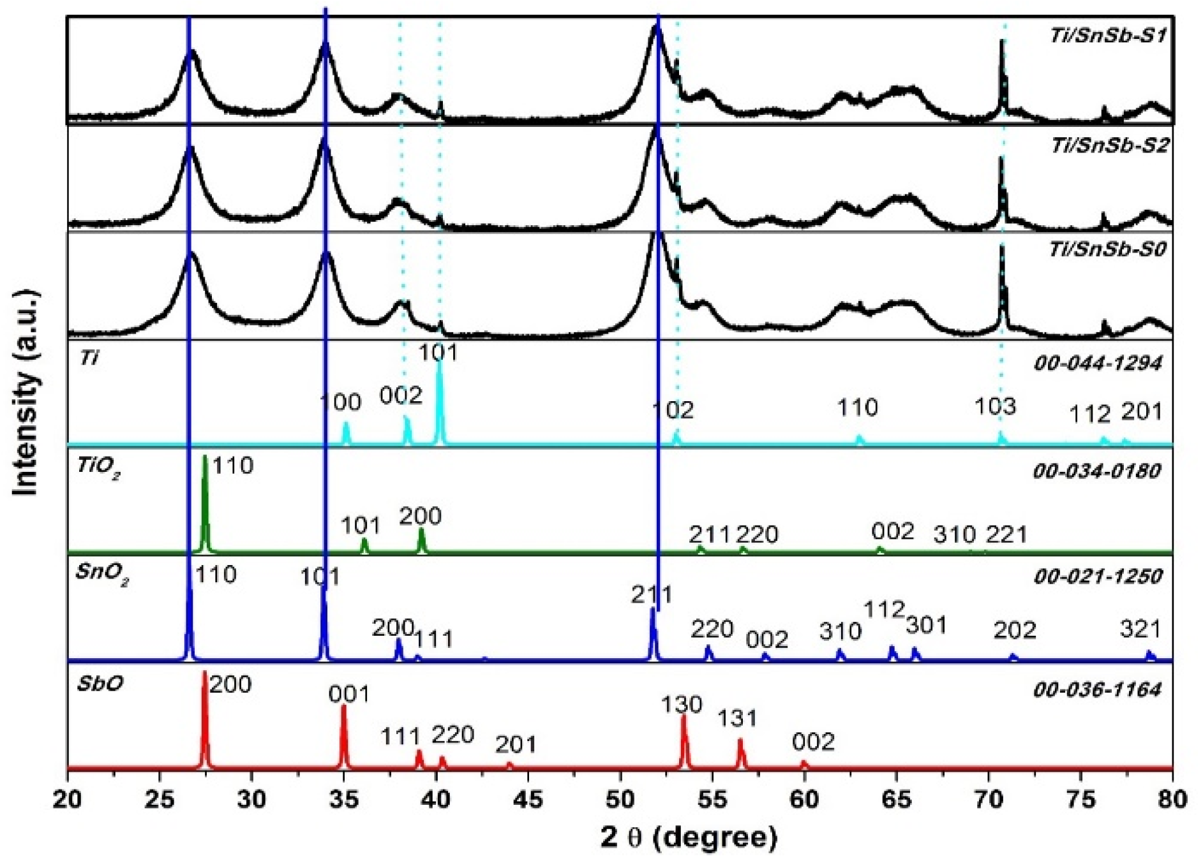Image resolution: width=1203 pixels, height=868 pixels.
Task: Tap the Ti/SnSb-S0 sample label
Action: pos(1107,249)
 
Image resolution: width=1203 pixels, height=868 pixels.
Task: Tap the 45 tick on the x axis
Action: pos(528,799)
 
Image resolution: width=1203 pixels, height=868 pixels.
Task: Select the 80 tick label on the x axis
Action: pos(1172,799)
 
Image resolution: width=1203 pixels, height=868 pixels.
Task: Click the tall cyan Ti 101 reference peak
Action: pos(439,402)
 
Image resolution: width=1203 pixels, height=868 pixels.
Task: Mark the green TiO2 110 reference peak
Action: pos(205,504)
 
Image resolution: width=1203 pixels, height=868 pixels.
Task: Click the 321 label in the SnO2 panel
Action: pos(1140,629)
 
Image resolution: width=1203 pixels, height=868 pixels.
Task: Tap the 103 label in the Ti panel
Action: pos(996,406)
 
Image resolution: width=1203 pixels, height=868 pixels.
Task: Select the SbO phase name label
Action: pos(100,684)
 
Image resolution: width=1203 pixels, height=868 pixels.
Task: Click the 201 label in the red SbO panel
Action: pos(516,744)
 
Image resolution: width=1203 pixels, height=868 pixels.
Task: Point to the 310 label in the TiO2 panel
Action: pos(955,534)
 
